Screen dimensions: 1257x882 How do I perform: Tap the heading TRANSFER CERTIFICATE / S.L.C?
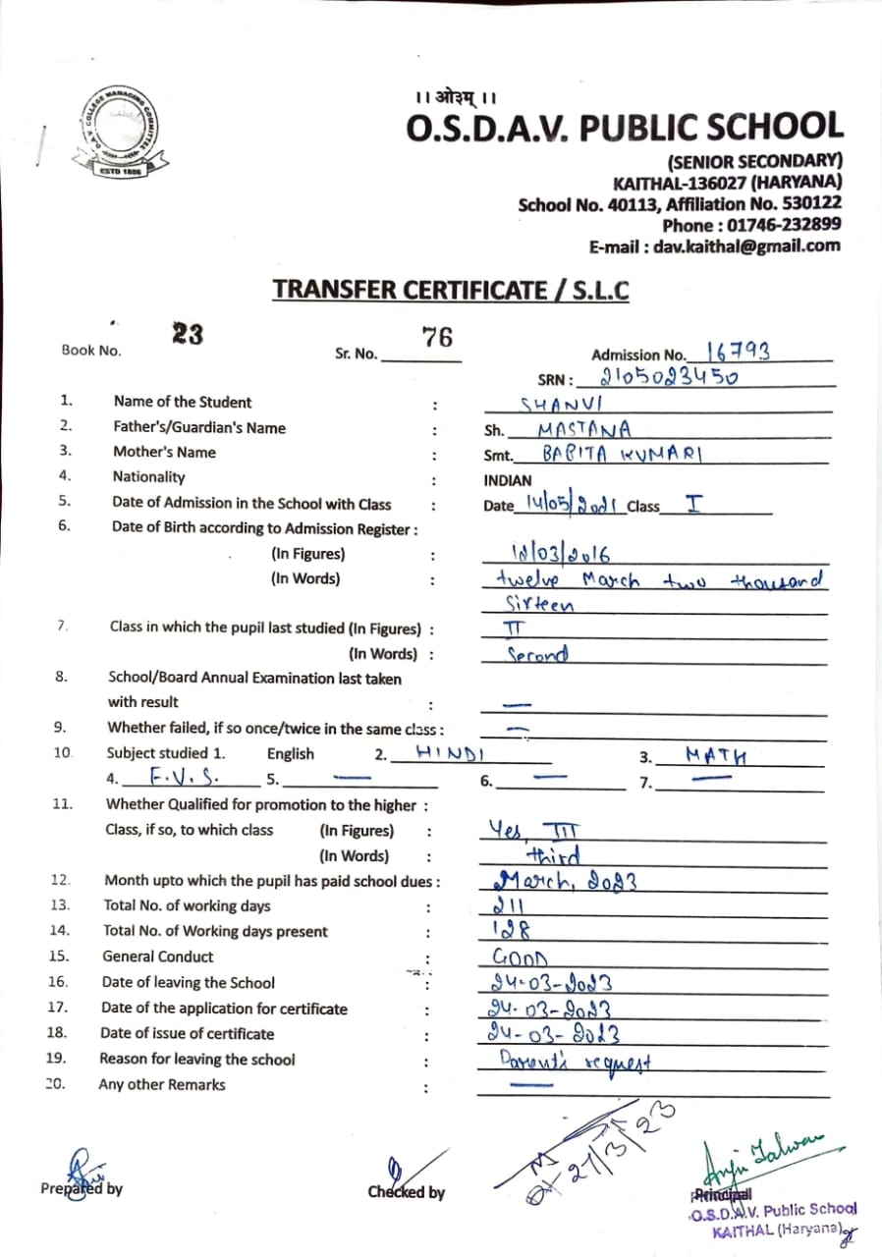(x=451, y=290)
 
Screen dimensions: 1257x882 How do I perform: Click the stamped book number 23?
(x=188, y=334)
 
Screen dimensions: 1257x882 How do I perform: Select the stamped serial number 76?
(x=437, y=337)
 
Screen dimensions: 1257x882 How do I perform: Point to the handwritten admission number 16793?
(x=738, y=352)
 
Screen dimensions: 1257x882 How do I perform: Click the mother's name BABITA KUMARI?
(x=625, y=454)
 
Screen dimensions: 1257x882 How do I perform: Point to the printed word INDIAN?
(x=508, y=481)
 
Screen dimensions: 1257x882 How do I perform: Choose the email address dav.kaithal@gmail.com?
(x=714, y=246)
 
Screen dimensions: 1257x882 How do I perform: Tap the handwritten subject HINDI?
(x=452, y=752)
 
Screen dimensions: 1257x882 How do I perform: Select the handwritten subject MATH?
(x=716, y=755)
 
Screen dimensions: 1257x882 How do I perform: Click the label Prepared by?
(x=82, y=1188)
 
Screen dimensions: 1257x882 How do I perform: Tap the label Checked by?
(x=406, y=1192)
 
